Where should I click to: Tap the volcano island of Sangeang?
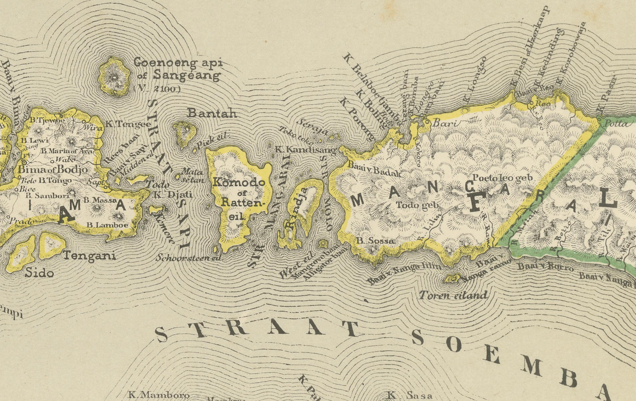coord(114,77)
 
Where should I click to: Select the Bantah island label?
coord(212,113)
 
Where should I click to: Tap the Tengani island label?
coord(90,256)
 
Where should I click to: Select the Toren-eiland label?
coord(453,295)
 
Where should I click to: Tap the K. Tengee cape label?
coord(128,124)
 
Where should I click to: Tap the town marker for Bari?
coord(426,122)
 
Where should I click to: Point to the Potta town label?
coord(617,123)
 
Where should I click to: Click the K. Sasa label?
coord(410,396)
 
